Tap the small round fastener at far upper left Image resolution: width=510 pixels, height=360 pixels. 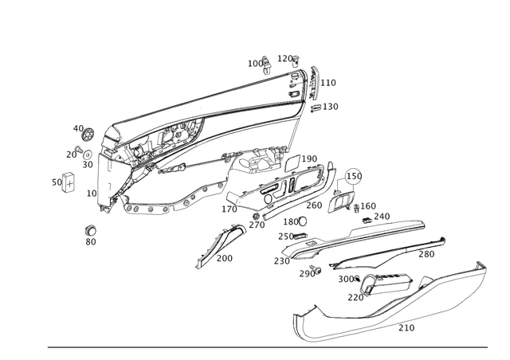click(87, 131)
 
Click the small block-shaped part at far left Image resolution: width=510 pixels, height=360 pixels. click(65, 182)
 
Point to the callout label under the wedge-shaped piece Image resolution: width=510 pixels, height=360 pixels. click(226, 260)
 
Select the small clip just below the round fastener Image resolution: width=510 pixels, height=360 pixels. click(80, 149)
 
